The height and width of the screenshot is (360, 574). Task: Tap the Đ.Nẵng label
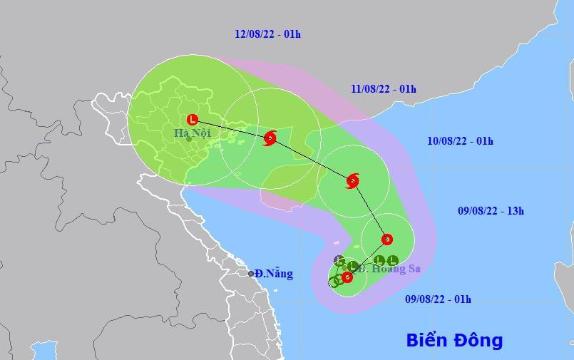click(x=274, y=274)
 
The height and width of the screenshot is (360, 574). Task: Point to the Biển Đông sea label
click(x=454, y=340)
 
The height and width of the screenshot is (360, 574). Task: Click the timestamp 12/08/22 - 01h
click(x=267, y=34)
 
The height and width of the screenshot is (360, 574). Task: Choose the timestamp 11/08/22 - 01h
click(x=384, y=89)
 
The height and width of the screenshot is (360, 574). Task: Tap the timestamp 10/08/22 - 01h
click(x=460, y=140)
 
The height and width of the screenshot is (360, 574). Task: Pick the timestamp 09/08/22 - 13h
click(x=491, y=210)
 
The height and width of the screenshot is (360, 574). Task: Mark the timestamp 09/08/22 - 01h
click(x=438, y=299)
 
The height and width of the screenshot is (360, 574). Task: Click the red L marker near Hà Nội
click(x=192, y=120)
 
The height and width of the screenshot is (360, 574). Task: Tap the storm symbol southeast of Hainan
click(x=352, y=180)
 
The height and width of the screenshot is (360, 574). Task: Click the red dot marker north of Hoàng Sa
click(x=386, y=239)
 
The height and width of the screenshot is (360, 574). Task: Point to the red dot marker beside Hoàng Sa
click(x=347, y=277)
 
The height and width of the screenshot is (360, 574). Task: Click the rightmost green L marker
click(x=392, y=260)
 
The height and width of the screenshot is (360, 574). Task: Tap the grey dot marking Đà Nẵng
click(x=251, y=274)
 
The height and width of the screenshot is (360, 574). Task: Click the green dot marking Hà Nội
click(x=188, y=139)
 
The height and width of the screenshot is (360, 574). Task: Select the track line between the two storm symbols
click(x=312, y=159)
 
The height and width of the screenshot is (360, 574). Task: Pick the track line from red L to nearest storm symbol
click(x=231, y=128)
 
